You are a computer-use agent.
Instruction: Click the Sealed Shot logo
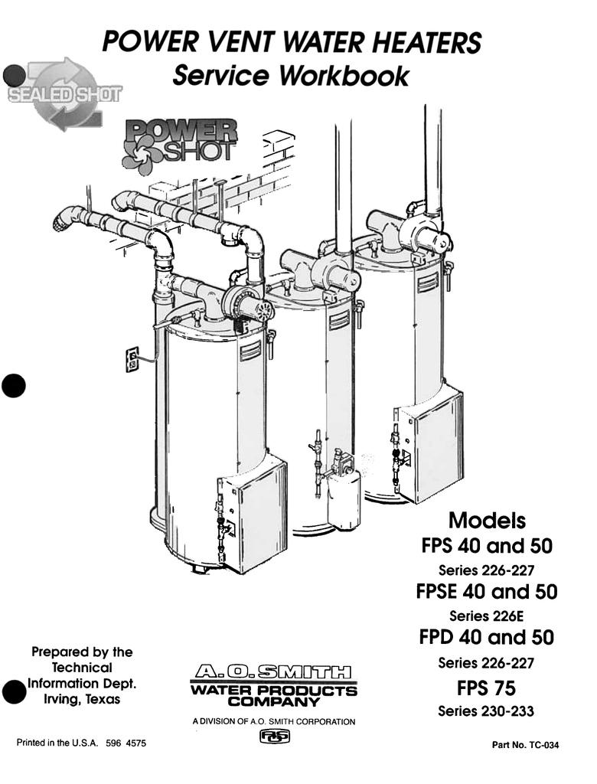pos(66,96)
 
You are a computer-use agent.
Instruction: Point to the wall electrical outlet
pos(132,358)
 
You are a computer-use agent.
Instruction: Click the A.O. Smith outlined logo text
pos(274,674)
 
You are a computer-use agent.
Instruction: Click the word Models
pos(487,521)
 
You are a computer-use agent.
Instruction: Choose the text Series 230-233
pos(486,711)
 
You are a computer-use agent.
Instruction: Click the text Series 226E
pos(486,616)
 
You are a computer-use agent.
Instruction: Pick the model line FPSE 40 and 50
pos(487,592)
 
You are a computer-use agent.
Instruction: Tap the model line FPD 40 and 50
pos(487,638)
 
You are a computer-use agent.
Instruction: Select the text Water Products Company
pos(274,695)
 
